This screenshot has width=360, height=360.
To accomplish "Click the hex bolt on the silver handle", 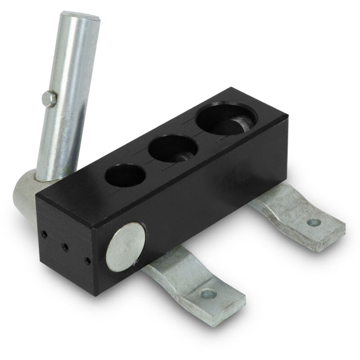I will click(49, 99).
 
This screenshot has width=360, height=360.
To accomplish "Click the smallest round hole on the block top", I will click(125, 175).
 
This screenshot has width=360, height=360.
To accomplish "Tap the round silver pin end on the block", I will click(126, 249).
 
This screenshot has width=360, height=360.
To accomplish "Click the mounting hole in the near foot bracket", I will click(208, 294).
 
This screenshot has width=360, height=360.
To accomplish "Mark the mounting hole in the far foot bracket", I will click(314, 222).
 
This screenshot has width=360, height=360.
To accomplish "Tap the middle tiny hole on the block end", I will click(65, 247).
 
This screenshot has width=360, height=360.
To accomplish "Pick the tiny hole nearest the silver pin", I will click(87, 260).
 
